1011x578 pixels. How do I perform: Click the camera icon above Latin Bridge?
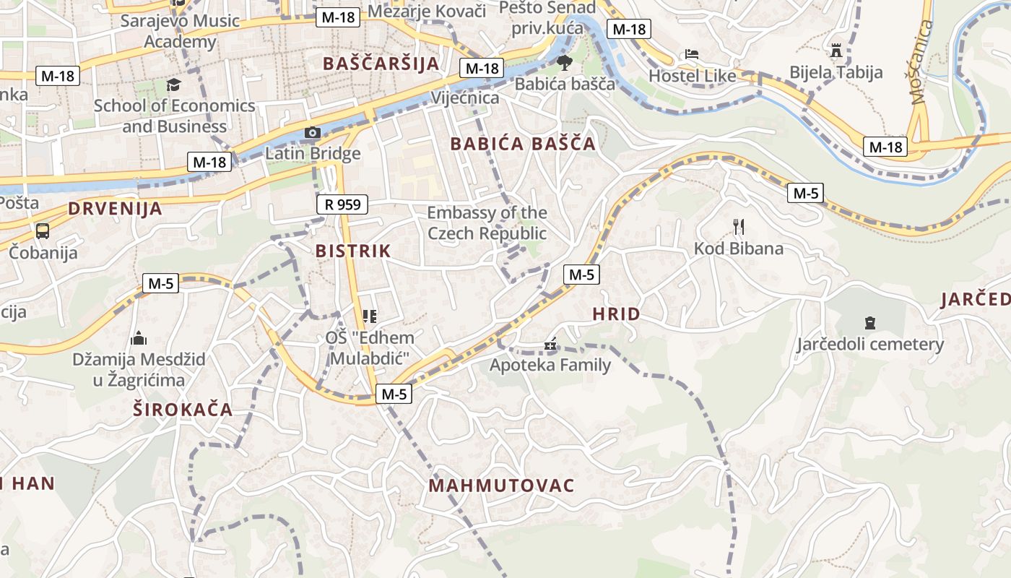tap(313, 132)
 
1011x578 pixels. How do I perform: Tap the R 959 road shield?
tap(342, 204)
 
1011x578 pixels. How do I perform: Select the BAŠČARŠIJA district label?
tap(381, 64)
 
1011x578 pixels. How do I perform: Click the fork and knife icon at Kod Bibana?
tap(738, 227)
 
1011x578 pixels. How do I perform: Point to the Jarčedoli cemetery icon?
tap(869, 322)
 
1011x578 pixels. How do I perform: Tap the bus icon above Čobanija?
tap(43, 231)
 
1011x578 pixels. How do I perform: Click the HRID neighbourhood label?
tap(616, 314)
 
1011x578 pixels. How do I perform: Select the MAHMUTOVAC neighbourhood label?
tap(501, 486)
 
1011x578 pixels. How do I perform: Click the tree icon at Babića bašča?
tap(564, 62)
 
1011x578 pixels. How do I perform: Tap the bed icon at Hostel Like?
tap(692, 54)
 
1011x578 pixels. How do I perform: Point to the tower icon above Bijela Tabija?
tap(836, 50)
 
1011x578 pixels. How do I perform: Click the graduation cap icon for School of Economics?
tap(173, 85)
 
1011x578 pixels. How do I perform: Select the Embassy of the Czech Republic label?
tap(487, 223)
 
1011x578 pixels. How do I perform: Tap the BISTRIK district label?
tap(353, 251)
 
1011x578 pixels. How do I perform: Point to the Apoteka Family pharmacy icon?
tap(550, 345)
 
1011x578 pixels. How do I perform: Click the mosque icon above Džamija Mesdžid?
tap(139, 337)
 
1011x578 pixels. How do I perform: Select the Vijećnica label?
tap(465, 98)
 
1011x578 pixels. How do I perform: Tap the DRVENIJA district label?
tap(115, 210)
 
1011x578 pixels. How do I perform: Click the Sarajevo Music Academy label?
tap(180, 31)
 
